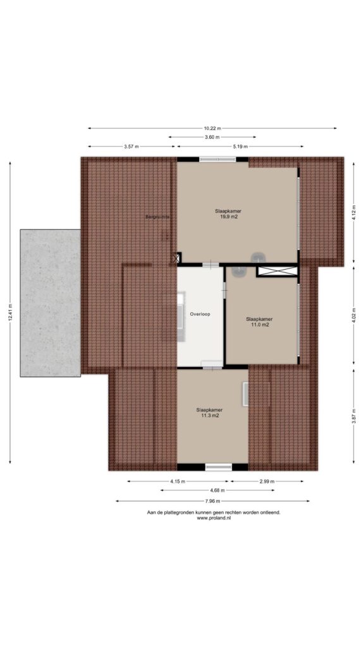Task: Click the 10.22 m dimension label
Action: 212,128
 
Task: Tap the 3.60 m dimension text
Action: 212,137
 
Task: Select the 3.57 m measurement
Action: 131,147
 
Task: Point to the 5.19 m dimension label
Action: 240,147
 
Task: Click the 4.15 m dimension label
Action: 178,481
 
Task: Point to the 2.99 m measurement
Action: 267,481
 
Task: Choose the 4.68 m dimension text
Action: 217,490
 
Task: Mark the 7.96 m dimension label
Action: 212,501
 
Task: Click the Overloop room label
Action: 200,314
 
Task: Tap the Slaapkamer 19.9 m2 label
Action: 228,214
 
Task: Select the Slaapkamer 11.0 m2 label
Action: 259,322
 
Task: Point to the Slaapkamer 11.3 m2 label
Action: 209,413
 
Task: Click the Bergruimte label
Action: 157,216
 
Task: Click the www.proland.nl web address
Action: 214,518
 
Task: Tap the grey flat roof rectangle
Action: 51,303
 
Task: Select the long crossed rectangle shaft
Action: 277,271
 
